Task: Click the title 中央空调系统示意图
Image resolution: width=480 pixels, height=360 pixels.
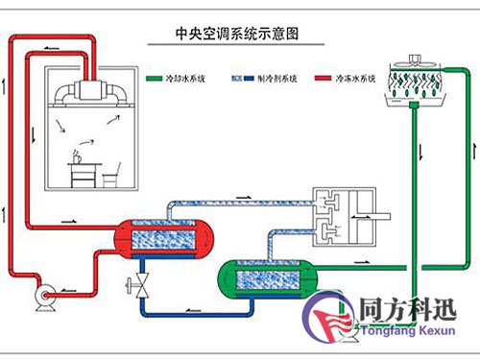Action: coord(230,33)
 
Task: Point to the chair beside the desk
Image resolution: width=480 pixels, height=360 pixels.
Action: coord(111,176)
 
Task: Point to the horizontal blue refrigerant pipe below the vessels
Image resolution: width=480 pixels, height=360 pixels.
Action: coord(197,310)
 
